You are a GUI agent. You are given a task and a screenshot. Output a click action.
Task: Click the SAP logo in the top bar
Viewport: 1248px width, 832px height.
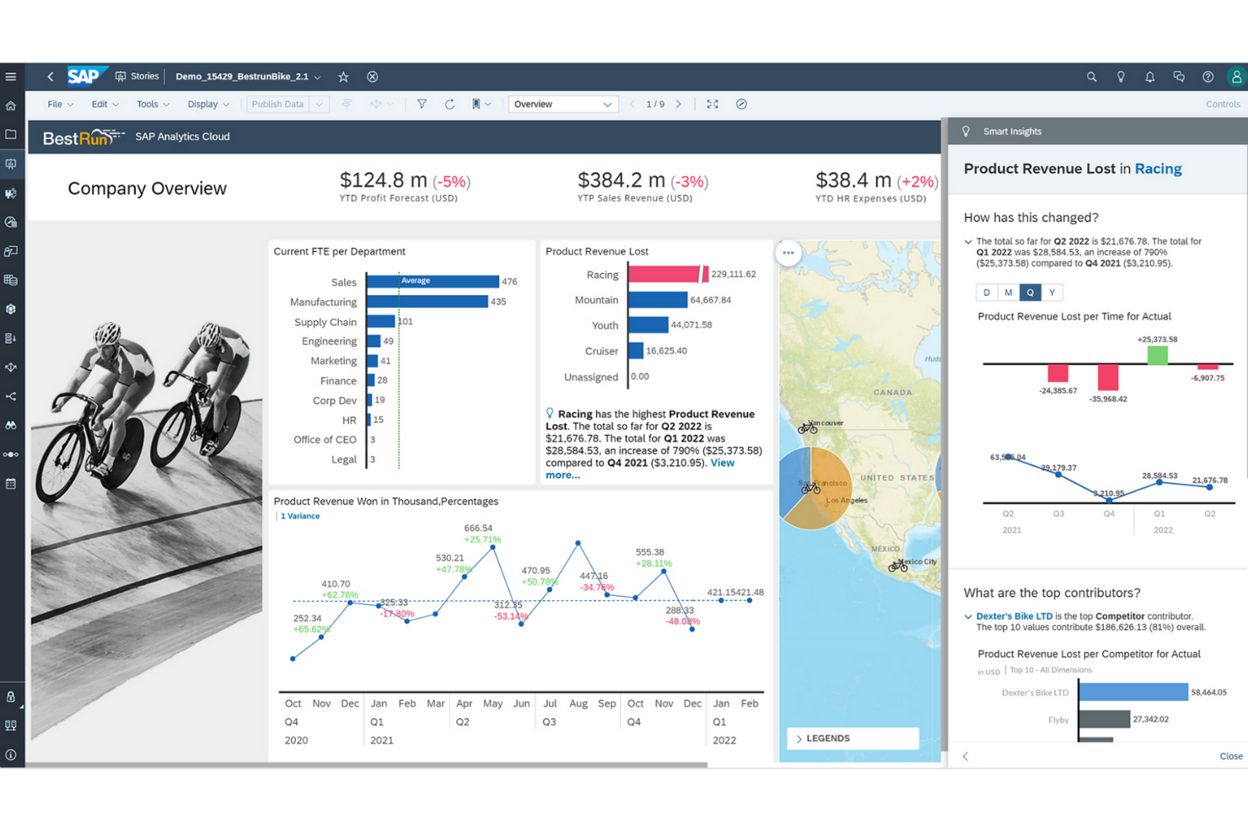83,77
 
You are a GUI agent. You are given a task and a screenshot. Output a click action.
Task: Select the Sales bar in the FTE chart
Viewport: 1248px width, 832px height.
433,282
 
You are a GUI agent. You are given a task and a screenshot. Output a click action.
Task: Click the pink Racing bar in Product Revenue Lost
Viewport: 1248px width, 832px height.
664,274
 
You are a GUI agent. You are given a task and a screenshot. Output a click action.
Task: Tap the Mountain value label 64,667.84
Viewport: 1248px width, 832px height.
710,300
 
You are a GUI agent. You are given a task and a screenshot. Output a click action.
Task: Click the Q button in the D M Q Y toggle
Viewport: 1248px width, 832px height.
1030,293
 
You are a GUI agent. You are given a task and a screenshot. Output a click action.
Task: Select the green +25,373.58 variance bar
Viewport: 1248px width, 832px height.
1157,355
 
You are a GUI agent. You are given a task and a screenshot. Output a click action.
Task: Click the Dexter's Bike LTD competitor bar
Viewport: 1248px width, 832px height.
1132,692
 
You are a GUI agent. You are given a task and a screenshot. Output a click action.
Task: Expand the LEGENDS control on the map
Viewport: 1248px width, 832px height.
852,738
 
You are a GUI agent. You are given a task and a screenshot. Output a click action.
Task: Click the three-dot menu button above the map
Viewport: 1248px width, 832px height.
788,253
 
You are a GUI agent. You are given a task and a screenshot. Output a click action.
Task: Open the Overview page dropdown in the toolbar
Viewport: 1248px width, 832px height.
562,105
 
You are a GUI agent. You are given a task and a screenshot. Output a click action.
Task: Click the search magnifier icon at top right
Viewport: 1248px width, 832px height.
1091,77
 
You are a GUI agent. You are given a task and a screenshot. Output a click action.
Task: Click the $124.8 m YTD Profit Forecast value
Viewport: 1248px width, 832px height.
383,180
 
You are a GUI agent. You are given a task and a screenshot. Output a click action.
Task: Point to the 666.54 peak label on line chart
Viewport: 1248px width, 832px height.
478,529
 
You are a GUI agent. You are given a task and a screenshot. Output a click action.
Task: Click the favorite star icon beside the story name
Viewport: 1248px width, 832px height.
343,77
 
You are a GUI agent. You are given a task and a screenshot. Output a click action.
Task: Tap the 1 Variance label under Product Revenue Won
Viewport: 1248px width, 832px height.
300,516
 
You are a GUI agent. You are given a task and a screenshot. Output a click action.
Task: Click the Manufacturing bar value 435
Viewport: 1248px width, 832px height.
498,302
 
